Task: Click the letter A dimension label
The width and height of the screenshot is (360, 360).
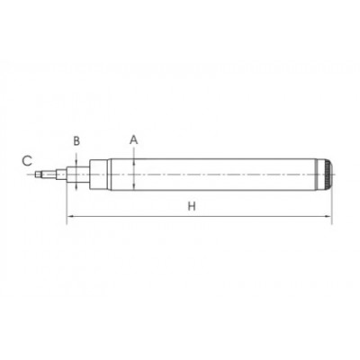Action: (134, 139)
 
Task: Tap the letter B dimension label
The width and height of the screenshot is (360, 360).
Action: (76, 140)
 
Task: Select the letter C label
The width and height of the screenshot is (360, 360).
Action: (27, 161)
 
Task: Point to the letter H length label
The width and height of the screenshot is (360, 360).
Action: (192, 206)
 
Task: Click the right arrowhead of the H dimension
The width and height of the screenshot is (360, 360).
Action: (328, 216)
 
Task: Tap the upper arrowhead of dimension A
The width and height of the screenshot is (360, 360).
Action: (134, 162)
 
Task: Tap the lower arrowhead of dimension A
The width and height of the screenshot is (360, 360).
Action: (134, 186)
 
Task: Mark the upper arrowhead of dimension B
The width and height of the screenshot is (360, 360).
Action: (76, 163)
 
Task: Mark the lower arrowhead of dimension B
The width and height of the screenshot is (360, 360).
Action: (76, 185)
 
